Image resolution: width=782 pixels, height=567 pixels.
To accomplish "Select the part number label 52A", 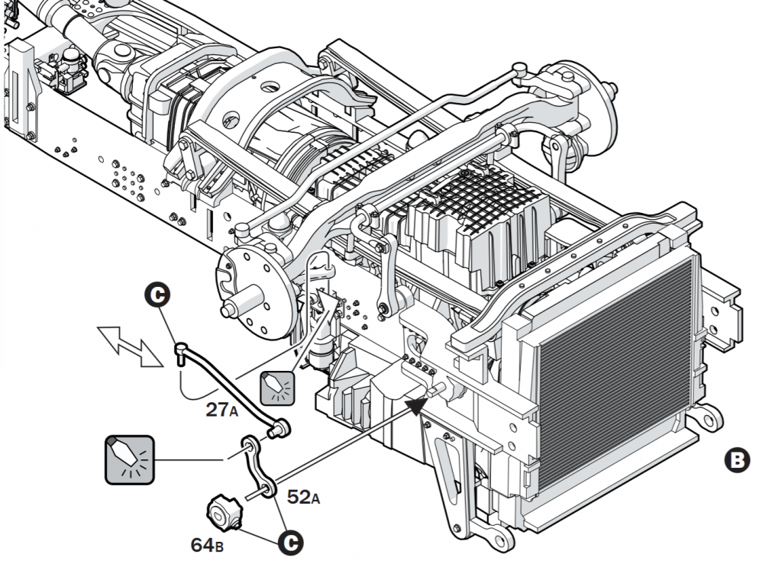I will click(x=303, y=497).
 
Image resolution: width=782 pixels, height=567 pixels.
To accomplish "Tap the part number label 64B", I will click(x=207, y=545).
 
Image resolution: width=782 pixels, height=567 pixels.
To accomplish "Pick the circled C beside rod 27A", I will click(x=159, y=295).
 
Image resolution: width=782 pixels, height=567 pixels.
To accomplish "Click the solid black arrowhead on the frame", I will click(x=415, y=404).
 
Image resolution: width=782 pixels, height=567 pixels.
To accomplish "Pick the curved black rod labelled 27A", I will click(x=229, y=385).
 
